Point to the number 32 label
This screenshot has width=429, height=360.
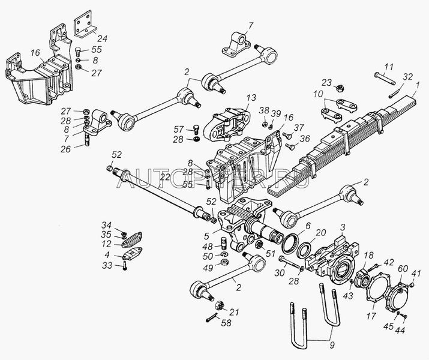click(407, 76)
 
